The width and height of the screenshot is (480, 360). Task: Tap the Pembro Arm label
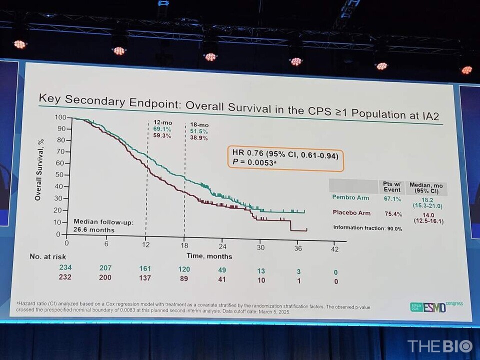[350, 197]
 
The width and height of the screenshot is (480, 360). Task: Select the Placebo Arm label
[352, 213]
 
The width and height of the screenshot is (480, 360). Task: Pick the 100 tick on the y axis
[60, 117]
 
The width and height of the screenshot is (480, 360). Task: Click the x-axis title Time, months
[209, 256]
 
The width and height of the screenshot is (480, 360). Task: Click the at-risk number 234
[66, 268]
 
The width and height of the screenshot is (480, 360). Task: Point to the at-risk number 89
[184, 278]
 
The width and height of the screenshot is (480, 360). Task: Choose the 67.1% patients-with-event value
[390, 198]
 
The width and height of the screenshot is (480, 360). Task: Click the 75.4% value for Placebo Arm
[391, 214]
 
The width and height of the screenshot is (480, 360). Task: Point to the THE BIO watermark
[439, 346]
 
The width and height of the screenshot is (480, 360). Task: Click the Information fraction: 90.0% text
[367, 228]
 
